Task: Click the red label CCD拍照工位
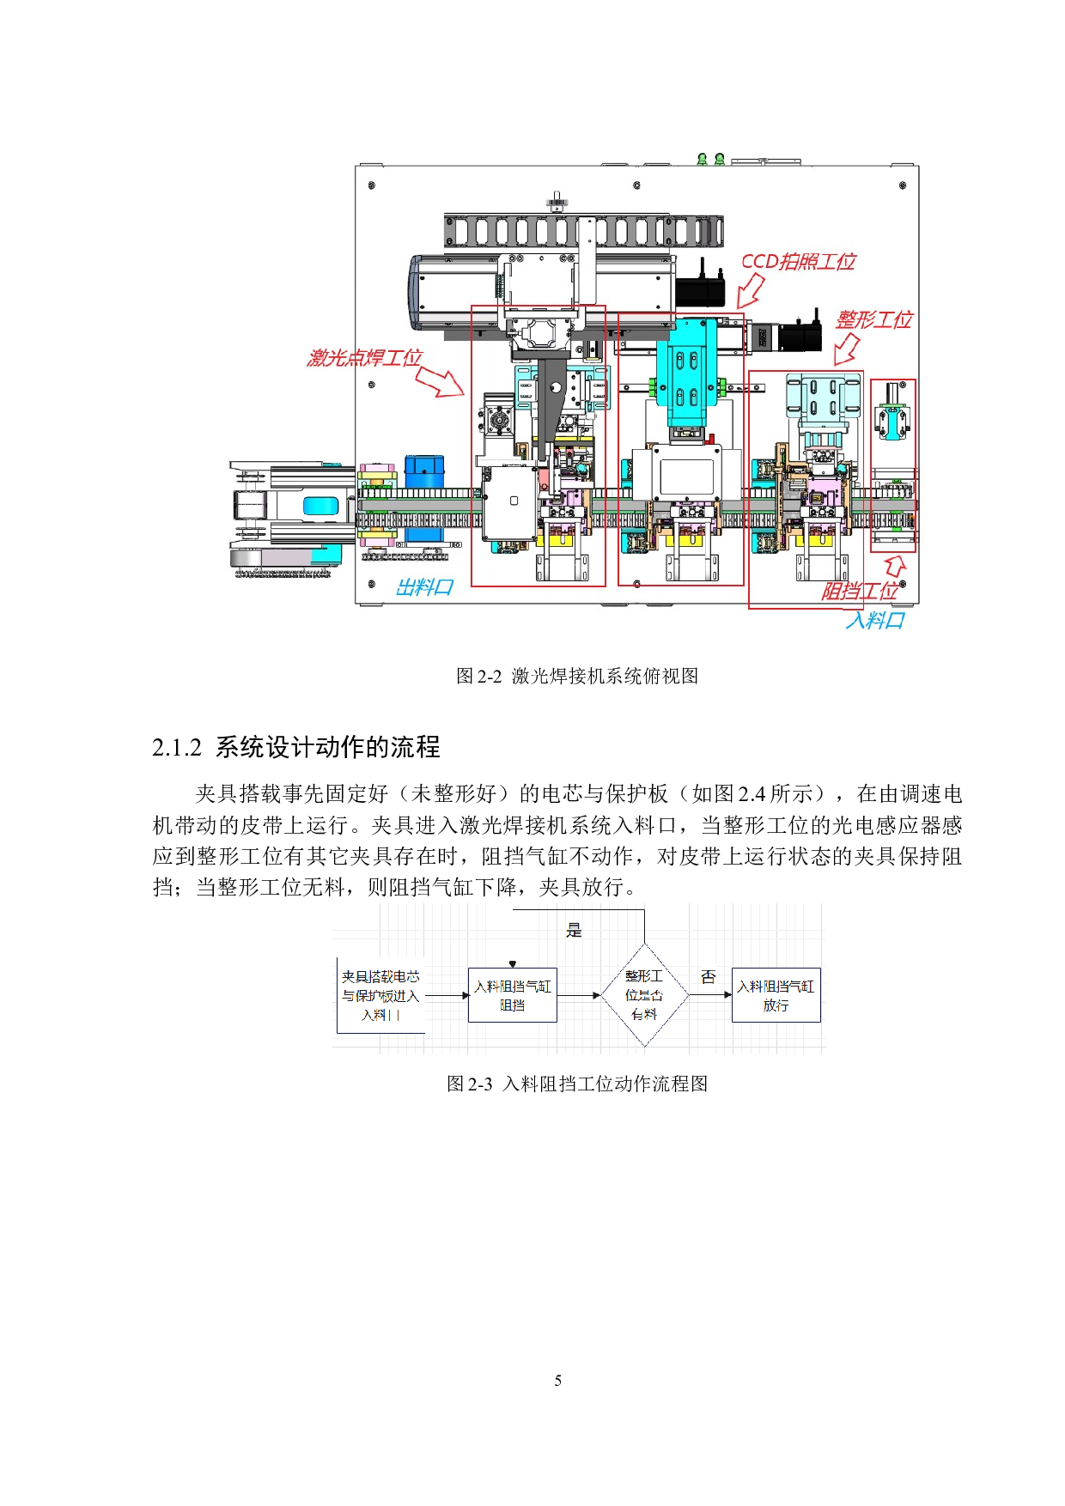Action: click(x=798, y=262)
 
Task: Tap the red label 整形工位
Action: click(x=873, y=320)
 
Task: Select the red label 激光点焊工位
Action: click(x=365, y=357)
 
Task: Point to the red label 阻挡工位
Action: click(x=859, y=591)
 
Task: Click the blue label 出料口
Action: click(x=424, y=587)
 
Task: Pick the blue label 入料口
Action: click(x=875, y=620)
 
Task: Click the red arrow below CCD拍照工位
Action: click(x=750, y=291)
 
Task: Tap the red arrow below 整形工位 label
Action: click(x=846, y=349)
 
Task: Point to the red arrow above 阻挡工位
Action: click(x=895, y=565)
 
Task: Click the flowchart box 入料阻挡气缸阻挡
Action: click(x=513, y=995)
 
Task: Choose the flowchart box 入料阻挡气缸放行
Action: click(x=776, y=995)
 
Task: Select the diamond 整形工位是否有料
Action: click(x=644, y=995)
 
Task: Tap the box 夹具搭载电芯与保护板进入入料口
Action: click(x=380, y=995)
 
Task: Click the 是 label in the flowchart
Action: click(x=575, y=930)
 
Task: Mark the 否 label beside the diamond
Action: click(x=708, y=977)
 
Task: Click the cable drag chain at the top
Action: click(x=584, y=231)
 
